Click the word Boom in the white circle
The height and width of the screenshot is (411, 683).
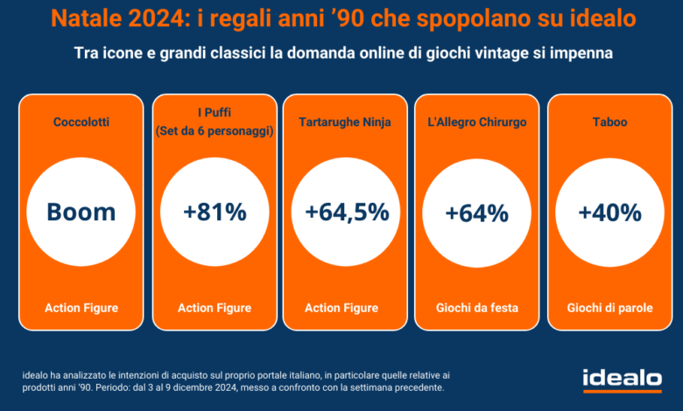pos(81,212)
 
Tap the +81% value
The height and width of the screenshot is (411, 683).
pos(215,212)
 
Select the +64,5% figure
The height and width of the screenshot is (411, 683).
pos(347,213)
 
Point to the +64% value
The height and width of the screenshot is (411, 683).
pos(476,213)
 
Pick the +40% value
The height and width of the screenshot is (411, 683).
pos(609,213)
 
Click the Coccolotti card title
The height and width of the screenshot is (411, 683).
pos(81,122)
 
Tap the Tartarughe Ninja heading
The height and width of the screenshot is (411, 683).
pos(345,122)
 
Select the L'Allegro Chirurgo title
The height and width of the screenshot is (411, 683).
pos(477,122)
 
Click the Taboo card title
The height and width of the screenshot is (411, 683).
pos(609,122)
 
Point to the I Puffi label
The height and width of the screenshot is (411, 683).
pos(215,112)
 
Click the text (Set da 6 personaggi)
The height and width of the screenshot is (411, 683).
pos(215,131)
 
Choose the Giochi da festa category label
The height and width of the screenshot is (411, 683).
pos(477,308)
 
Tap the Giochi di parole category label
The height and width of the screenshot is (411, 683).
pos(609,308)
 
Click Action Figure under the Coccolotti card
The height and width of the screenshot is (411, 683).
pos(81,308)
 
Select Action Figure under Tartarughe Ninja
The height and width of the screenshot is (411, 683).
pos(341,308)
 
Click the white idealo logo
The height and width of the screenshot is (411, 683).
pos(623,380)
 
